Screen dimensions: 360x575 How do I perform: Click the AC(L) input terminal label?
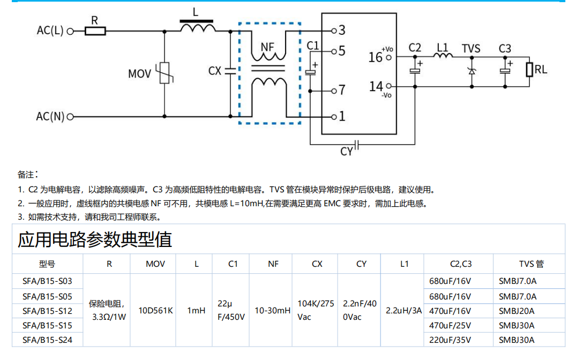coord(50,31)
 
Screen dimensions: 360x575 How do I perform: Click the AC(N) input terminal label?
coord(50,116)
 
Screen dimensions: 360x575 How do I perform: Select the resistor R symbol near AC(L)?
coord(95,31)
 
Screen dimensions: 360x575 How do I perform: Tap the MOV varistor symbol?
coord(164,73)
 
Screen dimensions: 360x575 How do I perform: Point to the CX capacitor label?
coord(214,71)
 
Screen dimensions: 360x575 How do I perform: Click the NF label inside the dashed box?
coord(267,47)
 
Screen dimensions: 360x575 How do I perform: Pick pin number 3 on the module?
coord(341,30)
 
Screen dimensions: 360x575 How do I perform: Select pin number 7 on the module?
coord(342,90)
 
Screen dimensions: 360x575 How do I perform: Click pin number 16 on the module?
coord(376,57)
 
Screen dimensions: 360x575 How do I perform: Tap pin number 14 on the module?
coord(376,86)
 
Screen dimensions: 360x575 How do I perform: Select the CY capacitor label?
coord(347,152)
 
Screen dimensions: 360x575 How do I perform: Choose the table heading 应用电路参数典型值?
coord(95,239)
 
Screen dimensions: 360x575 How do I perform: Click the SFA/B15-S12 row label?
coord(47,311)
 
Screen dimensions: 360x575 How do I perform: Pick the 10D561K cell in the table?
coord(155,311)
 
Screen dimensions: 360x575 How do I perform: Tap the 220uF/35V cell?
coord(450,340)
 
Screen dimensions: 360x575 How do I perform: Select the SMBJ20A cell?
coord(517,311)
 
